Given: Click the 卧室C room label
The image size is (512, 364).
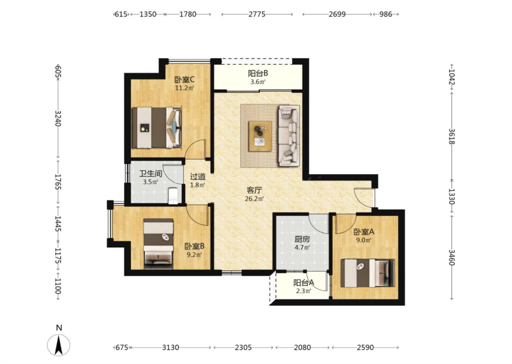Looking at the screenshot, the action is click(185, 80).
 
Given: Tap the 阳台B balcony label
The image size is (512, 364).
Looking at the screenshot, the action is click(258, 73).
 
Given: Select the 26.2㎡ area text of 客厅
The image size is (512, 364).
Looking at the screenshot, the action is click(254, 199).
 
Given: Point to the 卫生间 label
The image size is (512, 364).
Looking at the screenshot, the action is click(151, 174).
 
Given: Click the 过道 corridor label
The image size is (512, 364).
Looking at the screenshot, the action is click(198, 177).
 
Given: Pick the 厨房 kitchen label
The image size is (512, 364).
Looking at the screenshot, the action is click(302, 239).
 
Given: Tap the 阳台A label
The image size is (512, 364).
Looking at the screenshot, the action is click(304, 283).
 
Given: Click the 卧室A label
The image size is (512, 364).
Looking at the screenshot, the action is click(364, 232).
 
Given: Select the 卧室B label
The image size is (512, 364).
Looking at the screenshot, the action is click(194, 246).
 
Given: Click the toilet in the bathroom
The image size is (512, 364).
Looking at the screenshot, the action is click(173, 196).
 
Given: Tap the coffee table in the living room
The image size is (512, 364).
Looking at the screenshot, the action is click(260, 136).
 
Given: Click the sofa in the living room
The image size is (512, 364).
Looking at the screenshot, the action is click(289, 135).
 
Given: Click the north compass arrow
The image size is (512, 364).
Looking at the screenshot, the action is click(59, 345).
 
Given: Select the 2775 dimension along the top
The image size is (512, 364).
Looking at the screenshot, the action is click(257, 14).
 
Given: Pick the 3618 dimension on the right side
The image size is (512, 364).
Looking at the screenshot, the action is click(452, 136).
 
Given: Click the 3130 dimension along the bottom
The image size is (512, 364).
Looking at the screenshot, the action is click(171, 348).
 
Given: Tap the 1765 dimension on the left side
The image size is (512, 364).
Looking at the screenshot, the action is click(58, 182).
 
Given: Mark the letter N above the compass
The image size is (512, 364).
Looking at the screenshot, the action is click(59, 328).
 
